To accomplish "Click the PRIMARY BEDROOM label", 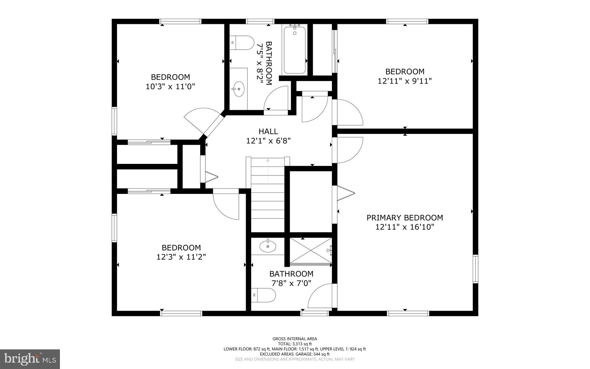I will [x=404, y=218].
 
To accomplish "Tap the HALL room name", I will [x=268, y=132].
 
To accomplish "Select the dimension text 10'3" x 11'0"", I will [x=170, y=87].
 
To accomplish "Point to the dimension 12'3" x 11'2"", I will [x=181, y=257].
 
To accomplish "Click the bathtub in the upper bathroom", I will [x=294, y=50].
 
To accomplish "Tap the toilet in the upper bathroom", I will [x=242, y=43].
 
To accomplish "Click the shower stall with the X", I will [x=310, y=250].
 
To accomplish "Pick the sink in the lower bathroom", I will [x=268, y=246].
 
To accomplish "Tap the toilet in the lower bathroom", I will [x=263, y=295].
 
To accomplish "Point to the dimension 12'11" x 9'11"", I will [x=404, y=81].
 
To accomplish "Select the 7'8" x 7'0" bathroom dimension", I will [x=291, y=283].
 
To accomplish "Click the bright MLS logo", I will [x=30, y=359].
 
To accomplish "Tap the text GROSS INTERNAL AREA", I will [x=294, y=339].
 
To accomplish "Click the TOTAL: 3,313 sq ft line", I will [x=294, y=344].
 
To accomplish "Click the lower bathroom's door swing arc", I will [x=320, y=296].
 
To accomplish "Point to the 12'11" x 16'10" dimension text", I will [x=404, y=227].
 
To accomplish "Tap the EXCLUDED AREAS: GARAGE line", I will [x=294, y=354].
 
